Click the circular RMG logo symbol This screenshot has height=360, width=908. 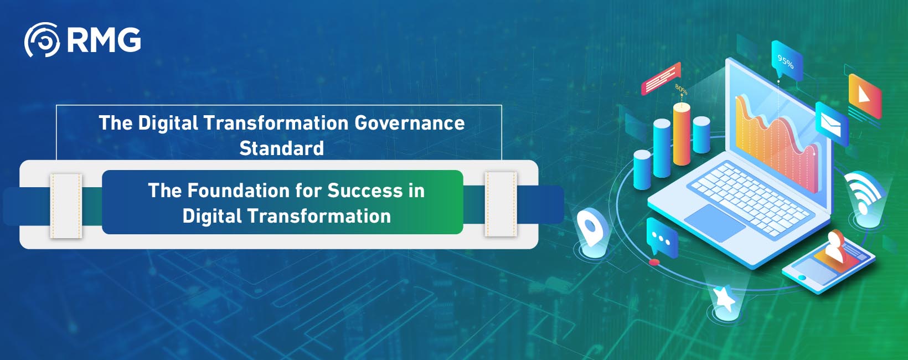click(x=42, y=40)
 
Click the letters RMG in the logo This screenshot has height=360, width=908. click(x=104, y=40)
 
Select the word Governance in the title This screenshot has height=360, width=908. click(x=409, y=123)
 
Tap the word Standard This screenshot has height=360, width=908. click(x=281, y=148)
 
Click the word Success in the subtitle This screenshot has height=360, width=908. click(x=365, y=191)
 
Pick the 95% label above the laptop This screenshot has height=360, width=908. click(x=786, y=61)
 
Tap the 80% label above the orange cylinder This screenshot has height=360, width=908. click(x=681, y=89)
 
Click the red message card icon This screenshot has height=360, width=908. click(x=661, y=79)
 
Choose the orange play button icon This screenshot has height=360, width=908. click(x=864, y=95)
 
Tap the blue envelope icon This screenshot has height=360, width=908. click(x=831, y=123)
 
